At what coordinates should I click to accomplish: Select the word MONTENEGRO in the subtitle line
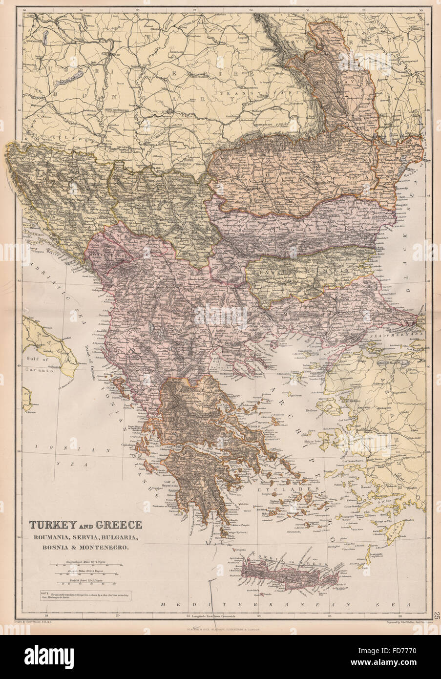click(105, 548)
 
